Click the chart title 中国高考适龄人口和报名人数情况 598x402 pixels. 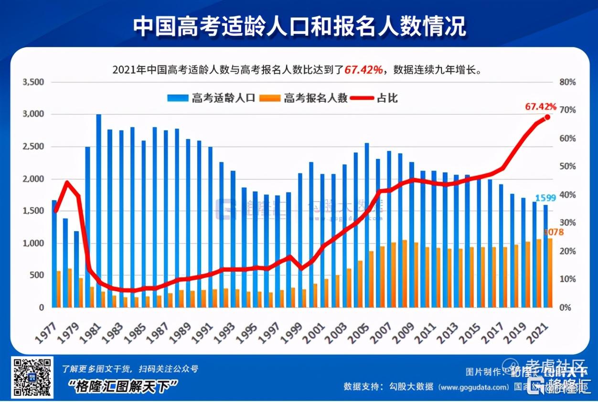click(x=299, y=26)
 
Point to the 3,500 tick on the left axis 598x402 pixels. click(x=33, y=82)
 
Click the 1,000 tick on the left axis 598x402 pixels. click(x=33, y=243)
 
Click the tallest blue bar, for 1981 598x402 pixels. click(x=99, y=210)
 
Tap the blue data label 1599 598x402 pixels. click(x=545, y=198)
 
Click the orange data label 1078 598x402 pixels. click(x=553, y=232)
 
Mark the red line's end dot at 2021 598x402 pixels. click(x=547, y=117)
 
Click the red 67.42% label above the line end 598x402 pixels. click(x=540, y=106)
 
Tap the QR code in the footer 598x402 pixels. click(x=32, y=378)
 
